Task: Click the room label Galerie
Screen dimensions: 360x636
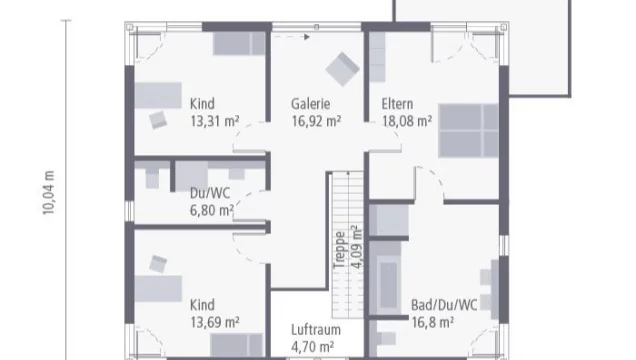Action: pyautogui.click(x=311, y=104)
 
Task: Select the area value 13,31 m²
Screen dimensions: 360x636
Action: pyautogui.click(x=214, y=121)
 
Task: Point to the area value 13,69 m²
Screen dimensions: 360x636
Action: pyautogui.click(x=214, y=321)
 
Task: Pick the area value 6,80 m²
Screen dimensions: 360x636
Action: pyautogui.click(x=211, y=210)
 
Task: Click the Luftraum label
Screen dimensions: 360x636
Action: pyautogui.click(x=312, y=329)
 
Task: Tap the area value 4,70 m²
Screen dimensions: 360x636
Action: pyautogui.click(x=312, y=346)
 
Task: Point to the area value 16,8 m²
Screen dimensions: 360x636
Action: pyautogui.click(x=432, y=322)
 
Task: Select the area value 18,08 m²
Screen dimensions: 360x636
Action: pyautogui.click(x=405, y=121)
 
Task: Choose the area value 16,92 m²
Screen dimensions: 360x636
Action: pyautogui.click(x=316, y=121)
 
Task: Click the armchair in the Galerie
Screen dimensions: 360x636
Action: pyautogui.click(x=342, y=68)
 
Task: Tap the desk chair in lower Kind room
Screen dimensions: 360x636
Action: pyautogui.click(x=159, y=263)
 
